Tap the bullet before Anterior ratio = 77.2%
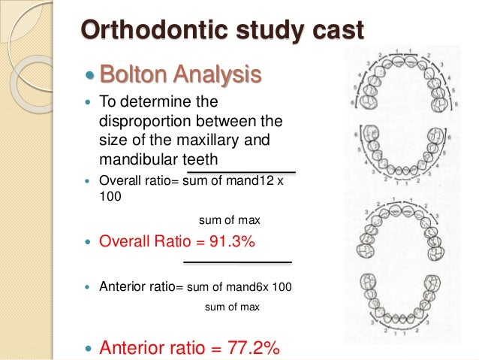[x=90, y=348]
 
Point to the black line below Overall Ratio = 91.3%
[x=237, y=262]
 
